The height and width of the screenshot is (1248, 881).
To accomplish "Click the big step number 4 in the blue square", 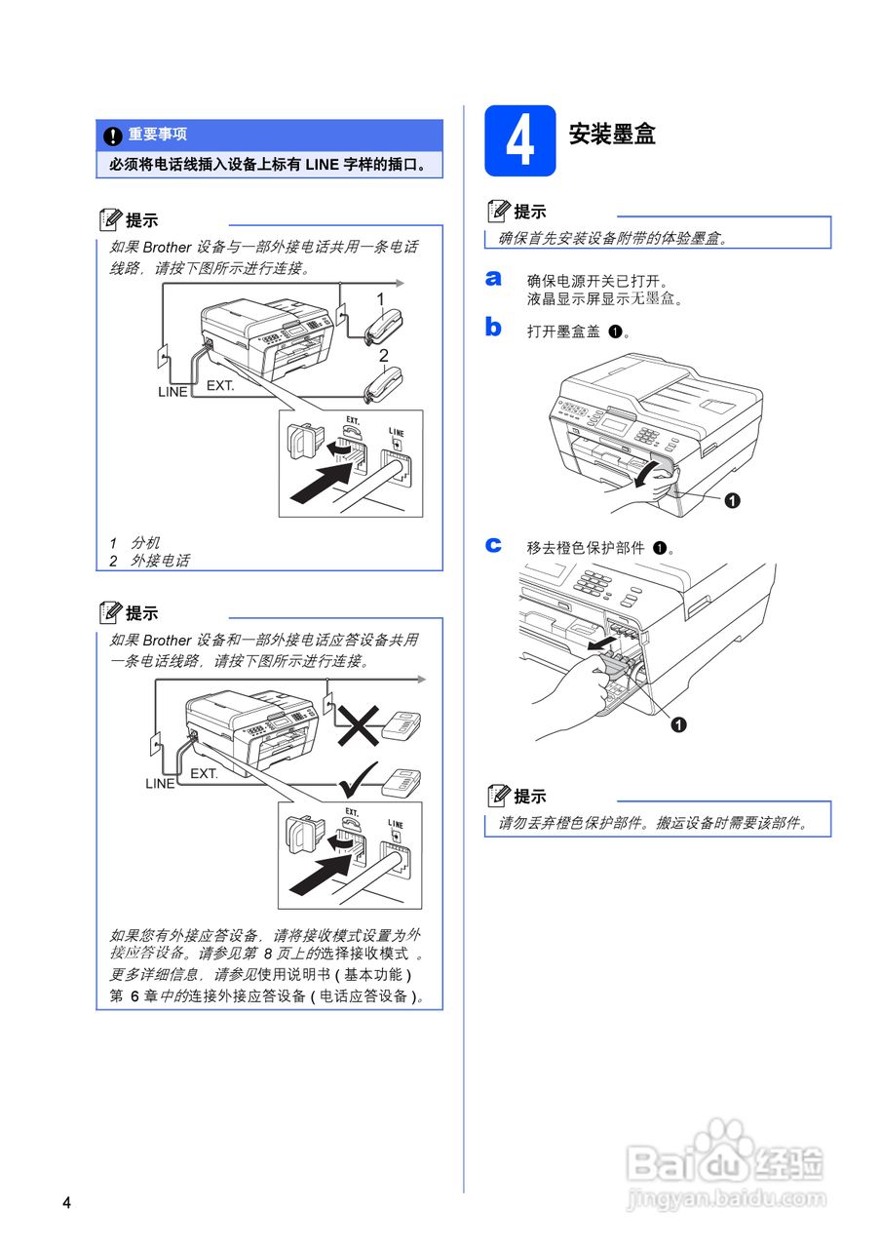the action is point(520,141).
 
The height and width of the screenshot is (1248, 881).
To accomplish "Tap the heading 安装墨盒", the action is point(611,135).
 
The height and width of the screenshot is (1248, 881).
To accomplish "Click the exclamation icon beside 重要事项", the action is point(113,136).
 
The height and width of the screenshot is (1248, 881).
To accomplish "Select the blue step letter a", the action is point(493,278).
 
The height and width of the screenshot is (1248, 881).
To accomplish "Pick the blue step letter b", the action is point(493,327).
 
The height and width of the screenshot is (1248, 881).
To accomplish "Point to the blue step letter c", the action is point(493,544).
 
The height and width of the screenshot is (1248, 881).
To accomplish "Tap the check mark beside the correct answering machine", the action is point(358,779).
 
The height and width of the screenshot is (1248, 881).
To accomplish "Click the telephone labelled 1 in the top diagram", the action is point(384,327).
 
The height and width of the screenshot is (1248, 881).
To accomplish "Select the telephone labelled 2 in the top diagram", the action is point(383,384).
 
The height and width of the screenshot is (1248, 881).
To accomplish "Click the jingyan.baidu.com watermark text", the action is point(726,1197).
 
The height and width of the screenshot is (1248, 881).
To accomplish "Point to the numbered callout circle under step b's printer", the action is point(732,501).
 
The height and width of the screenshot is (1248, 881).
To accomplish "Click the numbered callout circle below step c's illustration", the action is point(678,724).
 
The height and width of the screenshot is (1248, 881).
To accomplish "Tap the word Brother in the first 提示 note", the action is point(167,247).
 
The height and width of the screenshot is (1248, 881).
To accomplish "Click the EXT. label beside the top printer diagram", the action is point(220,385).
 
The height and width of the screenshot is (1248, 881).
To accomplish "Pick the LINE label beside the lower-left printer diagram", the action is point(160,783).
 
